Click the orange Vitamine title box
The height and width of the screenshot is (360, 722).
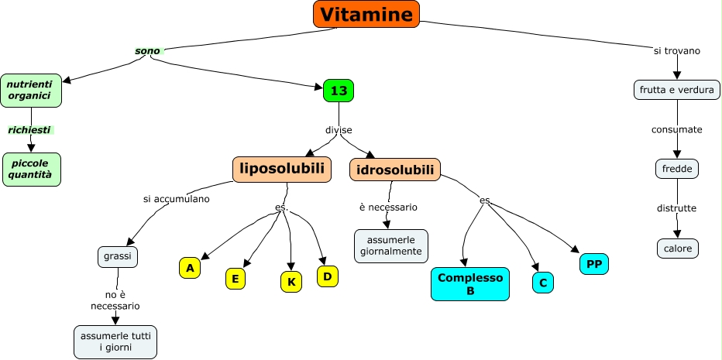(366, 14)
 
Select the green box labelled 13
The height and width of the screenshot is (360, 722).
(339, 91)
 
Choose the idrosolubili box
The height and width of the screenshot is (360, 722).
(395, 170)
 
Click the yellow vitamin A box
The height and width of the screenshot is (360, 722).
(189, 268)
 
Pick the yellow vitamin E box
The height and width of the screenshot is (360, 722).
(236, 279)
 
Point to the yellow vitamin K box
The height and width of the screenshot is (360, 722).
(291, 282)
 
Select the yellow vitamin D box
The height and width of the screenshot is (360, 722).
(328, 276)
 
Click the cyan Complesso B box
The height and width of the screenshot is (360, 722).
(470, 284)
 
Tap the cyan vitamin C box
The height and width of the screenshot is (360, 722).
(543, 283)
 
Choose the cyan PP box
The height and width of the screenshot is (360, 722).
(594, 264)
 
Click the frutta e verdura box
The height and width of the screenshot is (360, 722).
(677, 90)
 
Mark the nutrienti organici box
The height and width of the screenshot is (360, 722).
(30, 90)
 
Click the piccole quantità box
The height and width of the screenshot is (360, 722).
(31, 169)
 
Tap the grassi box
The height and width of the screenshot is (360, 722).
(118, 256)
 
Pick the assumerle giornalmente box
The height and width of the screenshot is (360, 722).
(391, 245)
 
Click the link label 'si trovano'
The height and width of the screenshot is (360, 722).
(677, 51)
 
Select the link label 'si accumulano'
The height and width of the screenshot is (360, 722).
(177, 198)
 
